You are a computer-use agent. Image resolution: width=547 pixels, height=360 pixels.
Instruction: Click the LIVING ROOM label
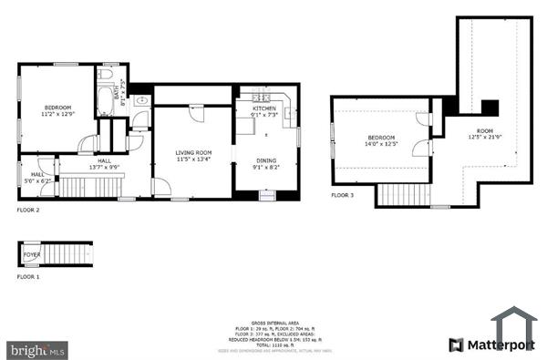coord(193,152)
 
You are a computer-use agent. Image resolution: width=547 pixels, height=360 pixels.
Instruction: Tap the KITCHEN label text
coord(264,108)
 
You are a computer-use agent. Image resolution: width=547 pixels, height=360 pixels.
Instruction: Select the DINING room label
coord(266,161)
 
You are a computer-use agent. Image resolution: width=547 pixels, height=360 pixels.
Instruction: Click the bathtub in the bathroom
coord(103,97)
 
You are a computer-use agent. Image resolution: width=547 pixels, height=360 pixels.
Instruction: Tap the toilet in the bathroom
coord(105,73)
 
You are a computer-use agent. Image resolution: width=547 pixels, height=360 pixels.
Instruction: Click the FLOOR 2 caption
coord(28,210)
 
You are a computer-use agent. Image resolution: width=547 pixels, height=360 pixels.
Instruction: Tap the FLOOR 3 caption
coord(342,195)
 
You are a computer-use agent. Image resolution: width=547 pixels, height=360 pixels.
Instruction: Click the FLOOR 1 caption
coord(28,275)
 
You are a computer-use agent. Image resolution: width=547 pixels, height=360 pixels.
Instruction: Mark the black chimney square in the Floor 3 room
coord(490,107)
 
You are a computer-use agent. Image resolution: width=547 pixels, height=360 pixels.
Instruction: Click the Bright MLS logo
coord(36,349)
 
